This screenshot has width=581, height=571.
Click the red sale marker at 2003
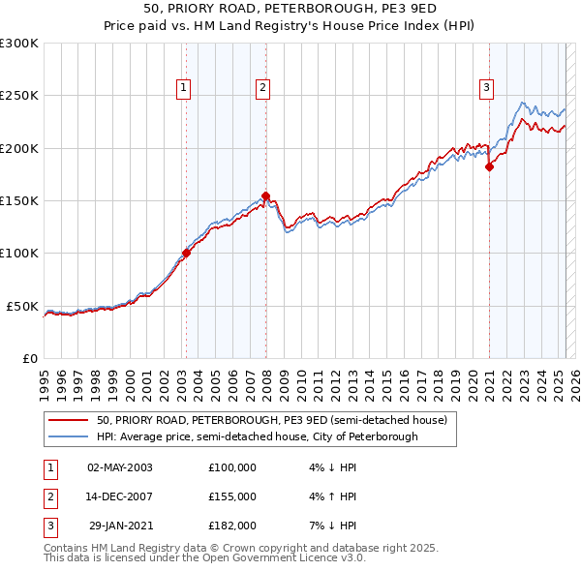pyautogui.click(x=185, y=254)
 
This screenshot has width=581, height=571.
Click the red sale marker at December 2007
pyautogui.click(x=264, y=195)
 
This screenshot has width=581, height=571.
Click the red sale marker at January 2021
pyautogui.click(x=489, y=167)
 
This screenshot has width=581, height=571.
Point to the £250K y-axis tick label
pyautogui.click(x=19, y=96)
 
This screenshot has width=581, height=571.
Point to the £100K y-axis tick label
pyautogui.click(x=19, y=254)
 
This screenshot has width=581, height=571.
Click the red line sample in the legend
pyautogui.click(x=68, y=421)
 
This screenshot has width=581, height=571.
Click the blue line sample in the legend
pyautogui.click(x=68, y=437)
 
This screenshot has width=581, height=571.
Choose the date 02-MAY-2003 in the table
pyautogui.click(x=120, y=467)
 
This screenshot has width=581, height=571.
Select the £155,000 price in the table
pyautogui.click(x=231, y=496)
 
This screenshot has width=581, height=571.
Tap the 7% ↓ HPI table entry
pyautogui.click(x=331, y=526)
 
